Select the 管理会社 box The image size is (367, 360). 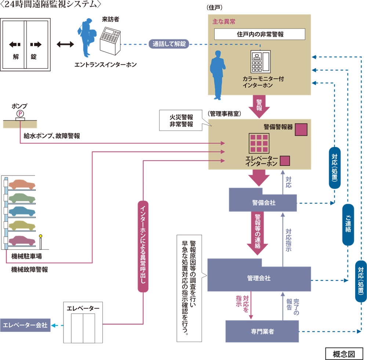(259, 278)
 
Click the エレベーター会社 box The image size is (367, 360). (25, 325)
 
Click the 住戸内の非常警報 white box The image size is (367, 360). (260, 34)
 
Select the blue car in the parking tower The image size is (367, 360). (22, 212)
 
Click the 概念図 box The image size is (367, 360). (344, 353)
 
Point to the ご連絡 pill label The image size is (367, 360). (348, 224)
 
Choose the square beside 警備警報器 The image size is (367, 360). (301, 129)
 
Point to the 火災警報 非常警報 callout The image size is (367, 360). (181, 121)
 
